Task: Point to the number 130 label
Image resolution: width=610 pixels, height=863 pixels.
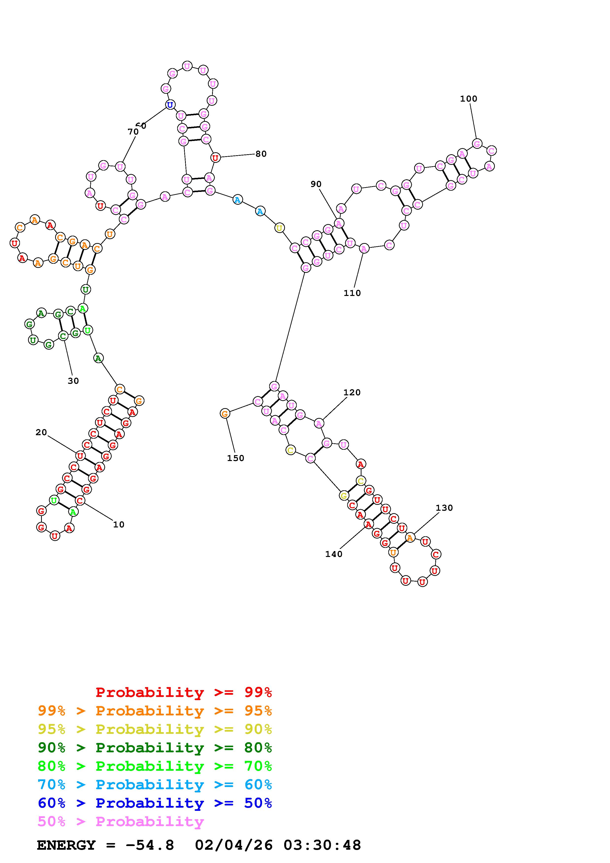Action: [x=444, y=508]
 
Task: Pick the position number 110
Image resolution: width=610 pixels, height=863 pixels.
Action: [x=352, y=293]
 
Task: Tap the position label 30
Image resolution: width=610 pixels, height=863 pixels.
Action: [x=73, y=381]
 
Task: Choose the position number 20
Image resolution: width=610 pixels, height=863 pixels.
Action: [x=41, y=433]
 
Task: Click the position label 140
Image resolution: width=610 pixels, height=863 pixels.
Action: [x=334, y=554]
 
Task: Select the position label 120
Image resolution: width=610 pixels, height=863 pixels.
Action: [x=352, y=392]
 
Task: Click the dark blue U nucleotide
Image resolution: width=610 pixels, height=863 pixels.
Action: [x=170, y=105]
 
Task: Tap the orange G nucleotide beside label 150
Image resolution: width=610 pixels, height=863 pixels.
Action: [x=225, y=414]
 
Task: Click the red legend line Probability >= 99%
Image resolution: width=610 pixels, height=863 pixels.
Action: [x=184, y=692]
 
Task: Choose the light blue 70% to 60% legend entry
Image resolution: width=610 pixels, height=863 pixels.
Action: [x=155, y=785]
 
